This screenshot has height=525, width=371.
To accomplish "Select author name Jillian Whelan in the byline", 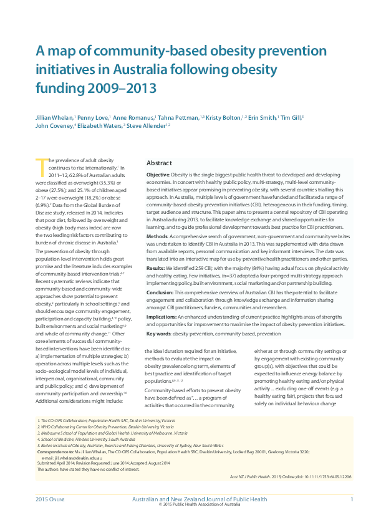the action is tap(54, 117).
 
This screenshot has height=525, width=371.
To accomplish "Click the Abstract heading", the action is tap(159, 163).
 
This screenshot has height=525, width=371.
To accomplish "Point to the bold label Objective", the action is tap(159, 175).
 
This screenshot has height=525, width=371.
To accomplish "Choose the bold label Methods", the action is tap(158, 237).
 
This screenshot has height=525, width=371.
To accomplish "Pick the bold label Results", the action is tap(157, 267).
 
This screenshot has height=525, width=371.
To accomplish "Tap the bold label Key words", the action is tap(159, 334).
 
